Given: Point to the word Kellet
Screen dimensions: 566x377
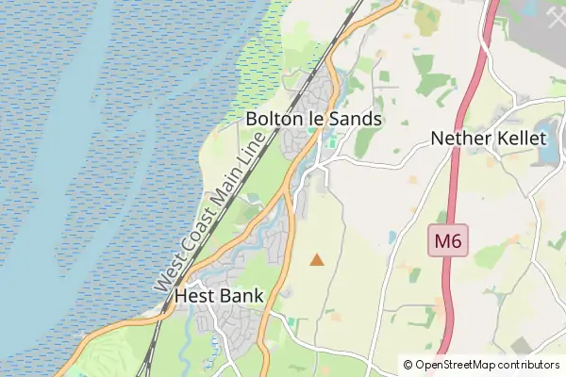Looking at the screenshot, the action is pos(519,139).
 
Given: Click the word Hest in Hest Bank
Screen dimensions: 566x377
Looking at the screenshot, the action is pos(193,296).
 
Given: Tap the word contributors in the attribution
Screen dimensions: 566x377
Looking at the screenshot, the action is pos(530,365).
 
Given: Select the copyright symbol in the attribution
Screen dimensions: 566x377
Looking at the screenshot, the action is pos(408,365).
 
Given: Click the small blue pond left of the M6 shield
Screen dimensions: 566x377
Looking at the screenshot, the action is pos(392,237).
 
